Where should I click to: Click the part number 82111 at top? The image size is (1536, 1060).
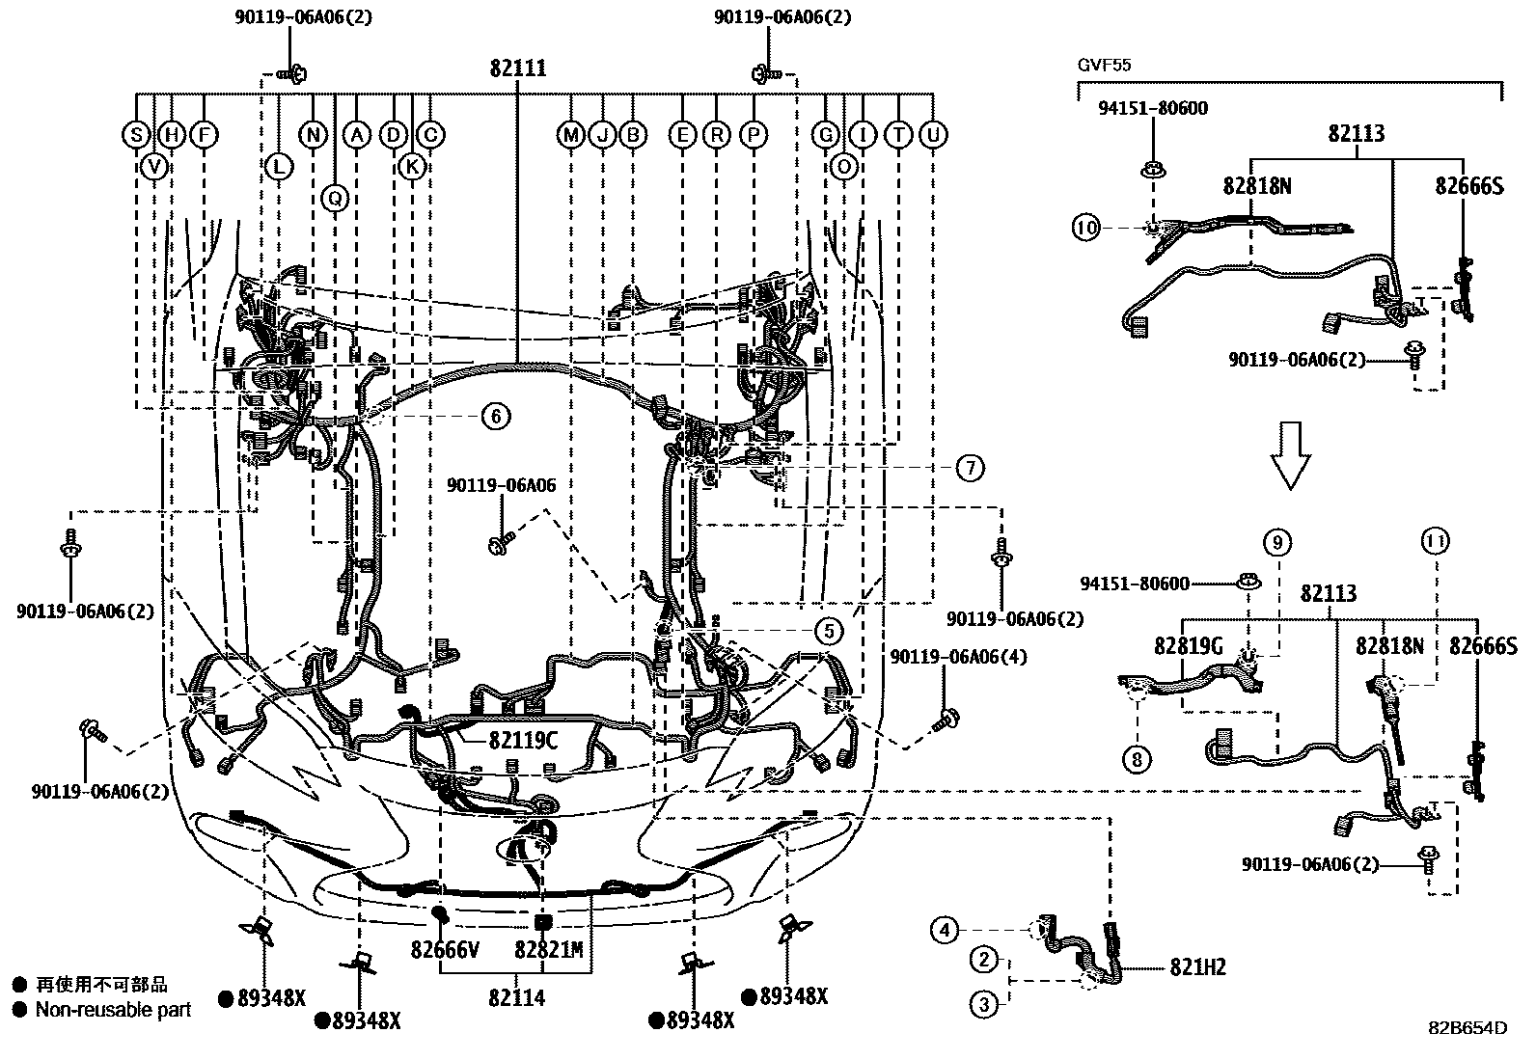coord(518,68)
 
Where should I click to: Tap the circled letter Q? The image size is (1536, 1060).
coord(335,199)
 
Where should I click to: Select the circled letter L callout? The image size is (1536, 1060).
coord(278,167)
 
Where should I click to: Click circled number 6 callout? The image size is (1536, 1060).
coord(495,417)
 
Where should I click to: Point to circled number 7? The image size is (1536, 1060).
coord(970,469)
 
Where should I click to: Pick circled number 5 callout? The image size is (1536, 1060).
coord(828,632)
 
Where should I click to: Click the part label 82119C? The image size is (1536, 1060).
coord(522,740)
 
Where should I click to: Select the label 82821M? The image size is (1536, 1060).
coord(548,951)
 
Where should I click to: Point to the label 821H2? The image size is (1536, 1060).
coord(1197,967)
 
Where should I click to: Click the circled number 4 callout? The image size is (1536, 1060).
coord(946,930)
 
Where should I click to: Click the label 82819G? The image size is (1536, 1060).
coord(1188,645)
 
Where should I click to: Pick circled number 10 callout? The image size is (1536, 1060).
coord(1085,229)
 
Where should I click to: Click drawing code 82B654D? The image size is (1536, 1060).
coord(1467,1027)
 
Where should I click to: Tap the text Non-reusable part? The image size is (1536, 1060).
coord(114,1010)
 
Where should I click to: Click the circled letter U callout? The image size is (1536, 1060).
coord(933,135)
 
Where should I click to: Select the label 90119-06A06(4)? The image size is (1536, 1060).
coord(958,658)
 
